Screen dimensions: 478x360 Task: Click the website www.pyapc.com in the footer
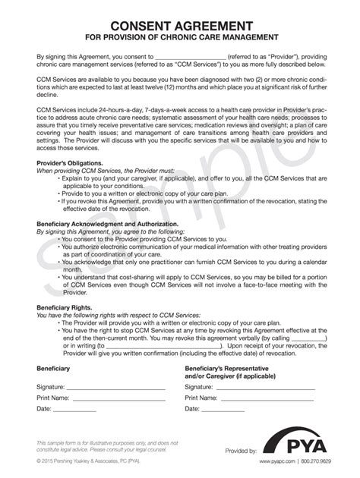pos(278,461)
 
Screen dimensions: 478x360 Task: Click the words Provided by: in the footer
pos(241,451)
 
